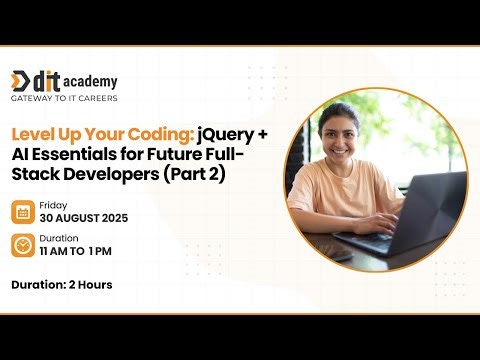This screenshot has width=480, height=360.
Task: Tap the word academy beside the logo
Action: pyautogui.click(x=93, y=81)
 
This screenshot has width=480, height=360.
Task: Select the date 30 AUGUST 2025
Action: pyautogui.click(x=84, y=219)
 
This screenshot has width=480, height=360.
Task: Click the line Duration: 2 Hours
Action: pyautogui.click(x=61, y=285)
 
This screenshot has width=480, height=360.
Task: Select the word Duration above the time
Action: pyautogui.click(x=59, y=239)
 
